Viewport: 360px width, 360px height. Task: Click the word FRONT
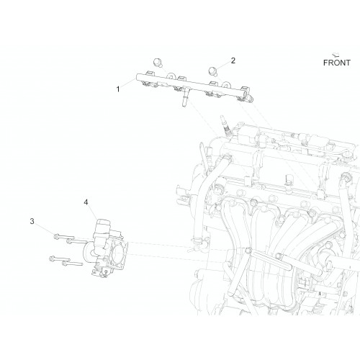[x=337, y=63]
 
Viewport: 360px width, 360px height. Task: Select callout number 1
[x=118, y=89]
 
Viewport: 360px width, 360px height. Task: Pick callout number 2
[x=233, y=60]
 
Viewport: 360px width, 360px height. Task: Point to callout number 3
[x=32, y=221]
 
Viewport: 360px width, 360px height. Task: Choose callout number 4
[x=86, y=202]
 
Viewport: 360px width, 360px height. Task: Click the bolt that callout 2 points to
[x=212, y=71]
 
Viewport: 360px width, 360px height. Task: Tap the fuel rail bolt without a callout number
[x=158, y=62]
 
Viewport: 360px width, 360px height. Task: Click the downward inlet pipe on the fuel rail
[x=184, y=98]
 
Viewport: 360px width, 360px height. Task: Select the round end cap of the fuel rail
[x=251, y=98]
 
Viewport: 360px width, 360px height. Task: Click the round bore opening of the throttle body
[x=118, y=253]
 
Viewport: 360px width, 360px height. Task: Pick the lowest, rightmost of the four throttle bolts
[x=72, y=264]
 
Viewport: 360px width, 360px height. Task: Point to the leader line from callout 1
[x=128, y=83]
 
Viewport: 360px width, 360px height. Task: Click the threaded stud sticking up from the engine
[x=224, y=126]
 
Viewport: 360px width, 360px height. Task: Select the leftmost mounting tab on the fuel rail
[x=149, y=73]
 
